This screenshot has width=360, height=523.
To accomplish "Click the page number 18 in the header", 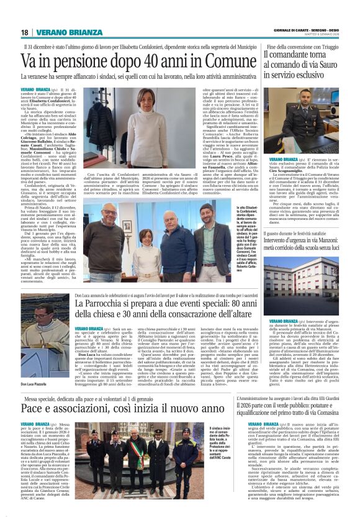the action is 24,32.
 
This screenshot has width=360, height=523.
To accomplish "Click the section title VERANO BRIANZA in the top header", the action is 61,32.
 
